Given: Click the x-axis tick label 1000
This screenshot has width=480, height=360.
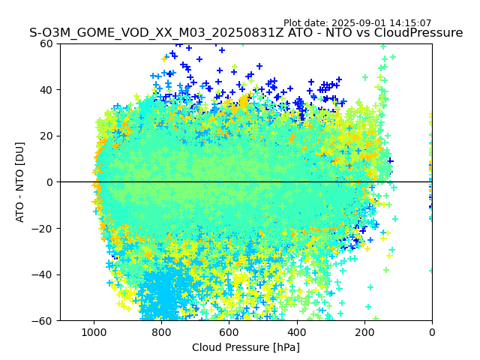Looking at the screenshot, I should click(94, 332).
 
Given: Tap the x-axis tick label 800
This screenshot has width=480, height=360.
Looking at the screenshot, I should click(161, 332).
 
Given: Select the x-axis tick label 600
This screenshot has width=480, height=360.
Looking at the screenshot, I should click(229, 332).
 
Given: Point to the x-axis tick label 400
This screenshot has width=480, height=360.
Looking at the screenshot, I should click(296, 332).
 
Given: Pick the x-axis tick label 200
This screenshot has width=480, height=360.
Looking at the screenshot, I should click(364, 332).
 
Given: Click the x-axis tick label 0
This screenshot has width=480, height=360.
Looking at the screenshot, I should click(431, 332).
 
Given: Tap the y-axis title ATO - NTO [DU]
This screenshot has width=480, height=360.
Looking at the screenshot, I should click(20, 182).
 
